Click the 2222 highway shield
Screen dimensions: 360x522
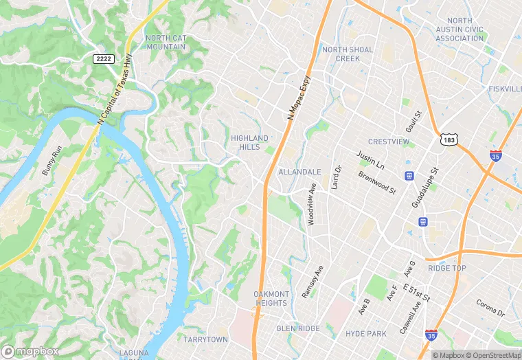pyautogui.click(x=103, y=60)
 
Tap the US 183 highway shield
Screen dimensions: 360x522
pyautogui.click(x=449, y=140)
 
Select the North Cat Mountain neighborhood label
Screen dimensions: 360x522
pyautogui.click(x=166, y=42)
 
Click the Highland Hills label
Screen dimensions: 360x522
pyautogui.click(x=250, y=143)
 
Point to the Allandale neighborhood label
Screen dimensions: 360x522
pyautogui.click(x=299, y=172)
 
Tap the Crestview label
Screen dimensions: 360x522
pyautogui.click(x=389, y=142)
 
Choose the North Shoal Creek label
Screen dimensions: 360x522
pyautogui.click(x=348, y=54)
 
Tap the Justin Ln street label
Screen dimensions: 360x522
pyautogui.click(x=370, y=161)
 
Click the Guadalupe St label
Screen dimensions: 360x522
pyautogui.click(x=424, y=186)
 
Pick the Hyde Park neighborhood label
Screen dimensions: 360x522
pyautogui.click(x=366, y=334)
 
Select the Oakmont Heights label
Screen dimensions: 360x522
pyautogui.click(x=271, y=299)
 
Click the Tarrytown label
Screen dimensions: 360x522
pyautogui.click(x=205, y=339)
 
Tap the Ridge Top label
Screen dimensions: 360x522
pyautogui.click(x=447, y=268)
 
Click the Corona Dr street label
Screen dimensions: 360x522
pyautogui.click(x=490, y=307)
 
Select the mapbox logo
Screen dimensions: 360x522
pyautogui.click(x=30, y=351)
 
